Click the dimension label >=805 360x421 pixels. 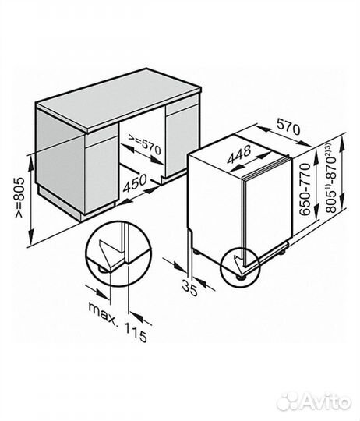tap(19, 197)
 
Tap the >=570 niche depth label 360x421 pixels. tap(144, 144)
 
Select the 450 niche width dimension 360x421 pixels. tap(136, 183)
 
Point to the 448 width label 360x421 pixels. tap(239, 154)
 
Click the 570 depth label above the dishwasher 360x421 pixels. tap(288, 127)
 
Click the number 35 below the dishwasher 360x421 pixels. tap(189, 288)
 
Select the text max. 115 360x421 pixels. tap(118, 322)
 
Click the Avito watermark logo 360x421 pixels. tap(313, 402)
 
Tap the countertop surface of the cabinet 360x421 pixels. tap(118, 99)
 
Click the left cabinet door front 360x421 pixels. tap(101, 175)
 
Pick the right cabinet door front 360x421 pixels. tap(182, 140)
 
